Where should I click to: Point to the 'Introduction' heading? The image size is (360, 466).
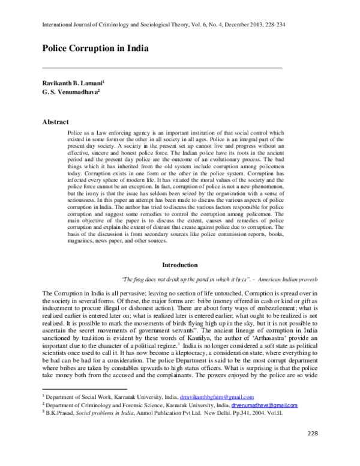[181, 265]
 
